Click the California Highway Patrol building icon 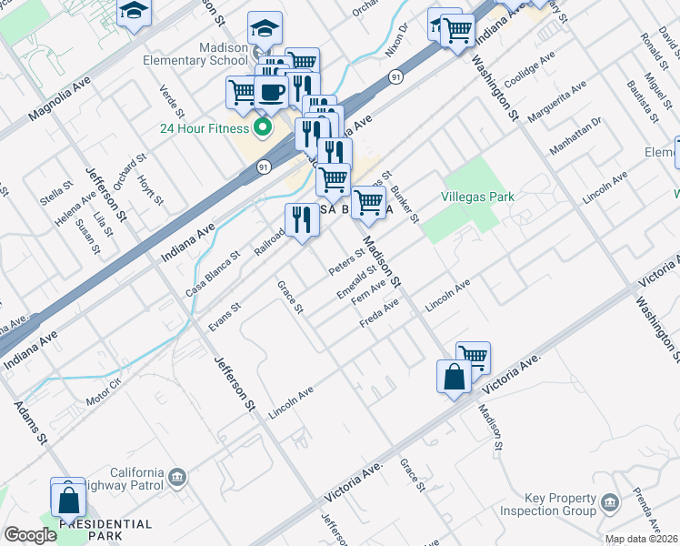click(178, 476)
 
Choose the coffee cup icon click(271, 91)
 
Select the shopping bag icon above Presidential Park click(67, 499)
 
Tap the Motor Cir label click(104, 391)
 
